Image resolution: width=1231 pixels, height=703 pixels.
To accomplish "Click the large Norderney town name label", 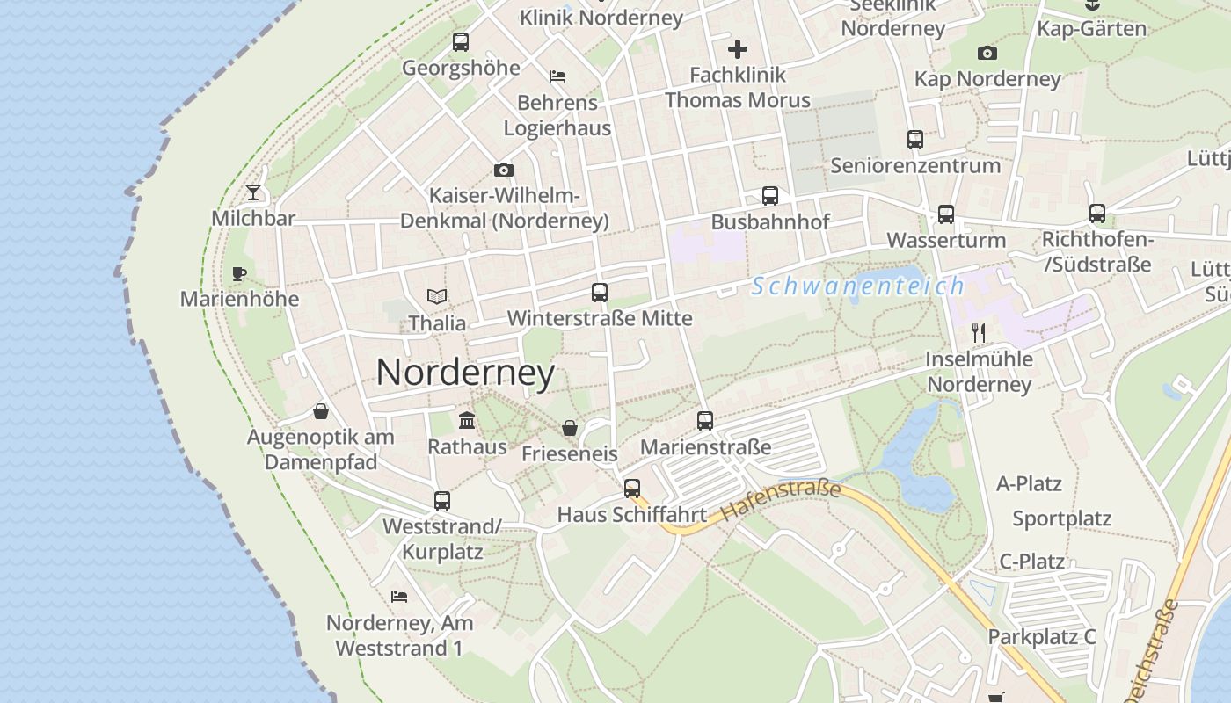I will [x=465, y=373].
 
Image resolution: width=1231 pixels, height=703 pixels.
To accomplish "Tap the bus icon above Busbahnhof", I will [x=770, y=195].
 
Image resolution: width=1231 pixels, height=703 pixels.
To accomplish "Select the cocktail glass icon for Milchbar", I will [x=253, y=192].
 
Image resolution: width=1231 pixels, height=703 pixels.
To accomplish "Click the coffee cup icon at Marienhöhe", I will [x=238, y=273].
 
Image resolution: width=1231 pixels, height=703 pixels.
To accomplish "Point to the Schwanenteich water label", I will [x=858, y=286].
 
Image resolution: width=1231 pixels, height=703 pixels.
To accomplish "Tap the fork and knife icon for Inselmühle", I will [x=978, y=332].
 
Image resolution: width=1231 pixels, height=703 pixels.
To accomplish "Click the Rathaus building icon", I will [x=467, y=421].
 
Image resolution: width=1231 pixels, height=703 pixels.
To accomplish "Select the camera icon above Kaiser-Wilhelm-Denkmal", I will [x=503, y=170].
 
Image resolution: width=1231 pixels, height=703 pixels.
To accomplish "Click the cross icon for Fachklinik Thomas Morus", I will [x=737, y=48].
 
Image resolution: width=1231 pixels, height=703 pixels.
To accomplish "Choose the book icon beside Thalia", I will [x=437, y=297].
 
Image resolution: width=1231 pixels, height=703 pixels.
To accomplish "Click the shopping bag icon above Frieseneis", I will [x=570, y=428].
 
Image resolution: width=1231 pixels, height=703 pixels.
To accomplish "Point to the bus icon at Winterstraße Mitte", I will [x=600, y=293].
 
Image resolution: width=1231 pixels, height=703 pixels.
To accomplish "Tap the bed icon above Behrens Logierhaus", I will [x=557, y=76].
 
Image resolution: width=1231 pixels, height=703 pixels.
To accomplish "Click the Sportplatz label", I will [x=1061, y=518].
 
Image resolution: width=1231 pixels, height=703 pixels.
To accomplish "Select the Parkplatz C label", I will [x=1042, y=637].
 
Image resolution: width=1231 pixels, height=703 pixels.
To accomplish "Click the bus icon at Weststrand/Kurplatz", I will [x=442, y=501].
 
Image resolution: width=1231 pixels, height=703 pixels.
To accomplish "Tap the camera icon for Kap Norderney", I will [x=987, y=53].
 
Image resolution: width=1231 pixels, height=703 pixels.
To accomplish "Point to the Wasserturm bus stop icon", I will [x=946, y=214].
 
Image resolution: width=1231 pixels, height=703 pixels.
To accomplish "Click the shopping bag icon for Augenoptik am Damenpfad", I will [x=321, y=411].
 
